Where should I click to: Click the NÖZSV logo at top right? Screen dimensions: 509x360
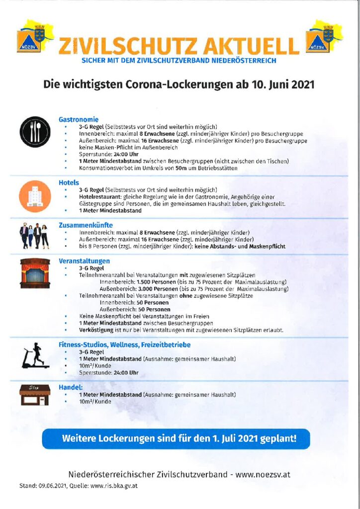click(x=324, y=37)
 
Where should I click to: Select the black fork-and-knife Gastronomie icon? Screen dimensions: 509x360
click(x=34, y=130)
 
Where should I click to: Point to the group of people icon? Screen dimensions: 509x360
click(x=34, y=236)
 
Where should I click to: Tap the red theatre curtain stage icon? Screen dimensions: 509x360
click(x=35, y=273)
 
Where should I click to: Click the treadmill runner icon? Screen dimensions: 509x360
click(x=35, y=355)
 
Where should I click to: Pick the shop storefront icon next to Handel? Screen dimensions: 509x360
click(x=34, y=394)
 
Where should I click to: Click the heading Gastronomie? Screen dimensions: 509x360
click(x=79, y=119)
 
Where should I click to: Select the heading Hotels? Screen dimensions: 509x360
click(x=69, y=182)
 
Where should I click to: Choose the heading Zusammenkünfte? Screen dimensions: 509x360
click(x=86, y=225)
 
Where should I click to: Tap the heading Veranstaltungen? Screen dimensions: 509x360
click(x=84, y=261)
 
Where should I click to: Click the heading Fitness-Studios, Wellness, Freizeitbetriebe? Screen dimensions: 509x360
click(x=124, y=344)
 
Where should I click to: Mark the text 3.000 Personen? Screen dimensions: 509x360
click(x=156, y=289)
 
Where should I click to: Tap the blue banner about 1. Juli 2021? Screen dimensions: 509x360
click(x=179, y=439)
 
